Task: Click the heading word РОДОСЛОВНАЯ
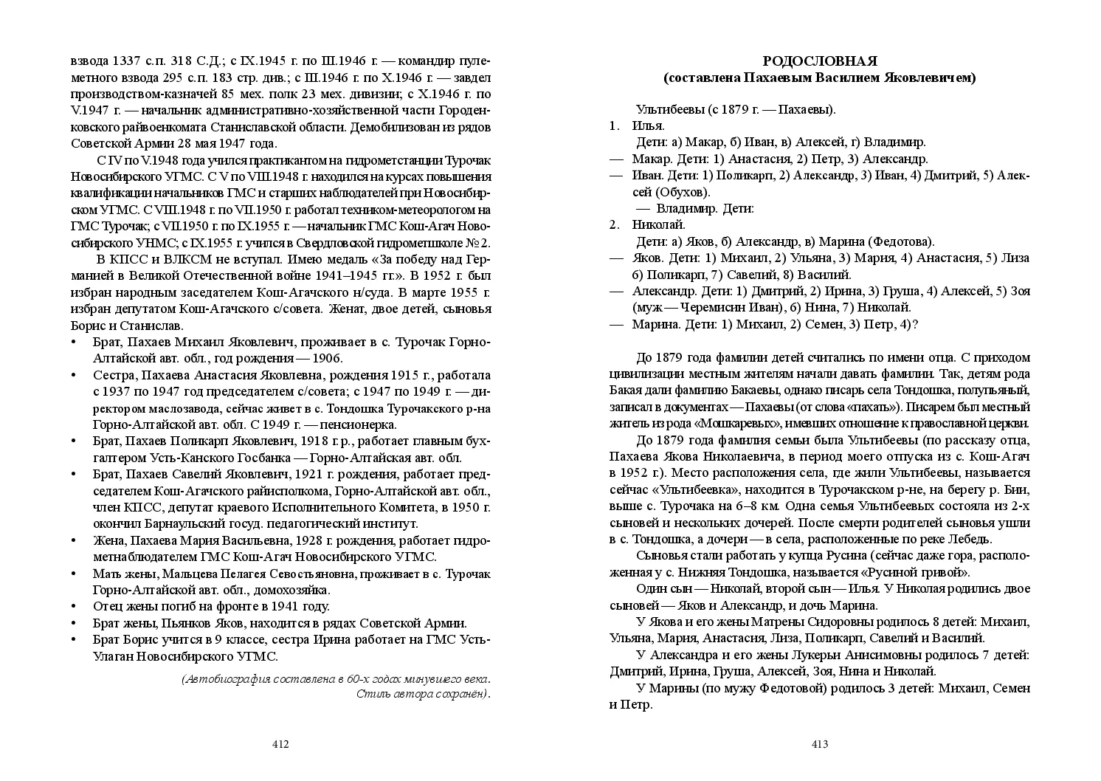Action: point(819,61)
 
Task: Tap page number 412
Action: point(280,744)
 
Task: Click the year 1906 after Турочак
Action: point(326,358)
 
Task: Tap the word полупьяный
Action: point(991,390)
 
